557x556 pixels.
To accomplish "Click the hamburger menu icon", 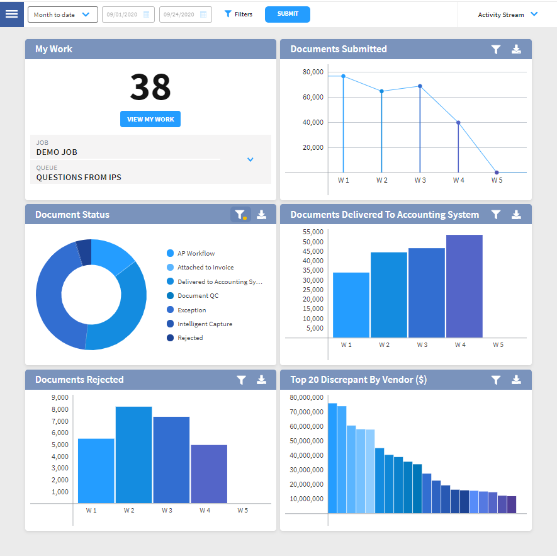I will tap(11, 14).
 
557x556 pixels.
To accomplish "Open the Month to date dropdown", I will tap(62, 14).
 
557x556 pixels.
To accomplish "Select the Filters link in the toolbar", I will tap(239, 14).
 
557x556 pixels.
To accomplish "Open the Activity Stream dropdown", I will tap(507, 14).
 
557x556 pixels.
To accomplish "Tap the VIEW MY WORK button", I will tap(150, 119).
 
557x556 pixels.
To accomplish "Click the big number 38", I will tap(150, 88).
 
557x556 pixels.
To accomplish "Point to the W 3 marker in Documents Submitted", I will tap(420, 86).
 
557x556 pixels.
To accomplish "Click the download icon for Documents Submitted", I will tap(516, 49).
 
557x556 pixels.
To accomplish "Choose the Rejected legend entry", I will tap(189, 338).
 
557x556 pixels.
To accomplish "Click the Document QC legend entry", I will tap(198, 296).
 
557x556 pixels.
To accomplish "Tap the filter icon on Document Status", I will tap(240, 215).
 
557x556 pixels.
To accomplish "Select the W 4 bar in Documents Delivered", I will tap(464, 287).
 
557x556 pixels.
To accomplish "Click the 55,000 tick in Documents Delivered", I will tap(313, 232).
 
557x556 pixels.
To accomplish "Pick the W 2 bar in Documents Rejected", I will tap(133, 455).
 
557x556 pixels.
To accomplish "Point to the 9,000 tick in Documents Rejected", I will tap(59, 398).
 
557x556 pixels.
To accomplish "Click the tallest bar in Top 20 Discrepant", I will tap(332, 458).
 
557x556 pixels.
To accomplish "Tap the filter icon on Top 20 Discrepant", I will tap(496, 380).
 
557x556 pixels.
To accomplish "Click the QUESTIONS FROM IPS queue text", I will tap(79, 178).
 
